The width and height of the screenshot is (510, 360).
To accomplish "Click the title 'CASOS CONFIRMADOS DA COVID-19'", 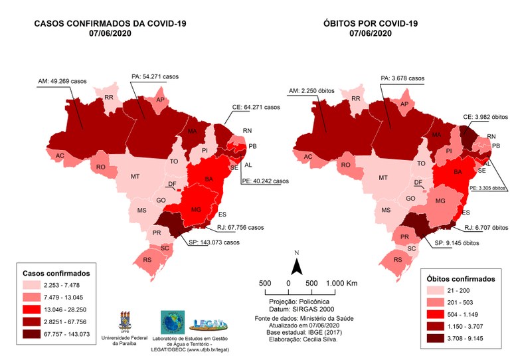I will point(110,24).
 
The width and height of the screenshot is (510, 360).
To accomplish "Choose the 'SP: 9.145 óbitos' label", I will point(459,242).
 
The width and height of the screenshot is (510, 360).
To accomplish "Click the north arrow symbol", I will point(298,266).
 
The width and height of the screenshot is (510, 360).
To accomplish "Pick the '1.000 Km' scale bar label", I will point(342,283).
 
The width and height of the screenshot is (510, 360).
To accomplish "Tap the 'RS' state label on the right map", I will point(397,259).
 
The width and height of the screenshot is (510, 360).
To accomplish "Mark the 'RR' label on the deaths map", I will point(356,98).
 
